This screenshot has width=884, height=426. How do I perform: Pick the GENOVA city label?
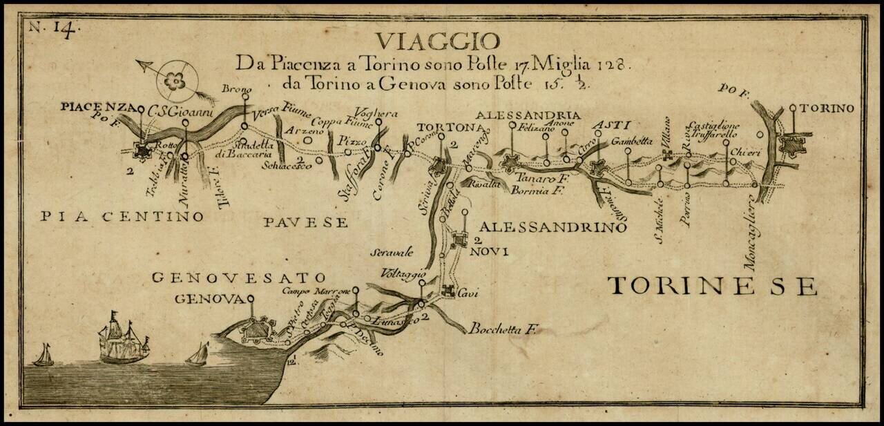210,299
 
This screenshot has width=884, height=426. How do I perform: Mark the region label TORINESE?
711,285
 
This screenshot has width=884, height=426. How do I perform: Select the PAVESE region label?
304,222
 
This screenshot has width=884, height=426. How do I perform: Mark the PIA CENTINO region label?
122,217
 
